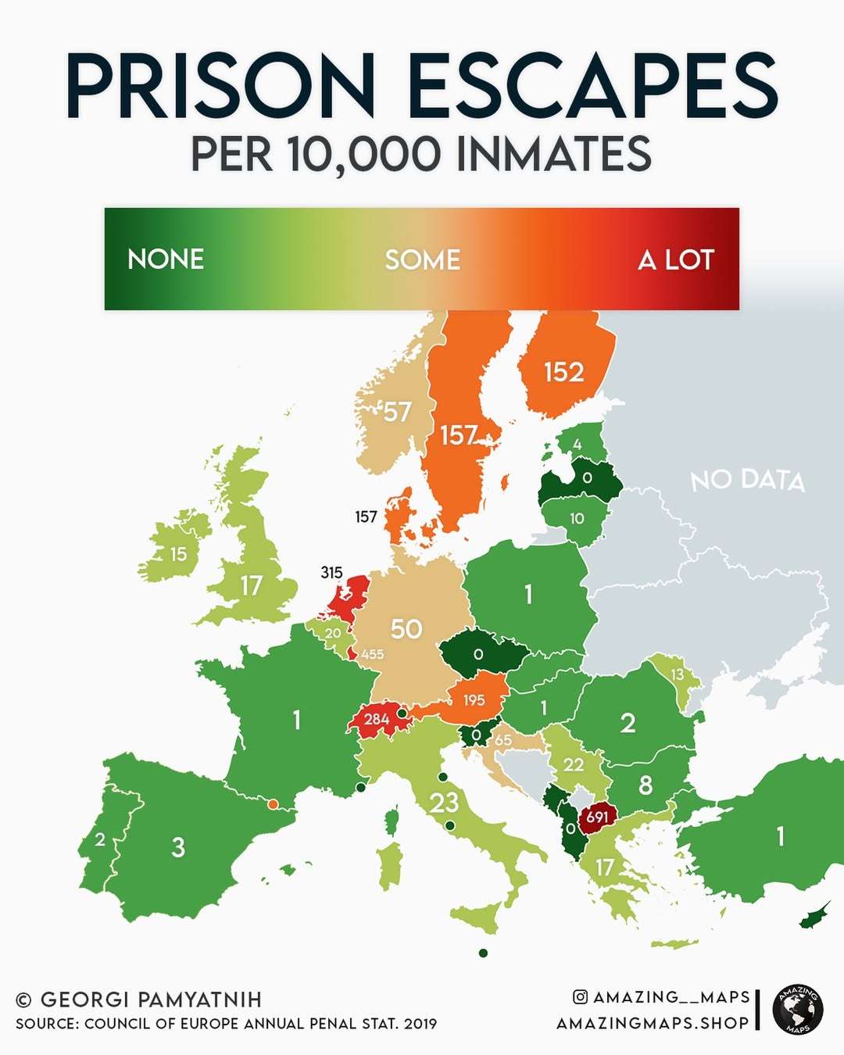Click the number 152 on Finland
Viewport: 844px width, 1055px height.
(564, 372)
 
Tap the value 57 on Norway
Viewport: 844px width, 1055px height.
(397, 412)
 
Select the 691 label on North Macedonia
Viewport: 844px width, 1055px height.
(597, 817)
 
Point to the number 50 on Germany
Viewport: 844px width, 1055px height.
(406, 629)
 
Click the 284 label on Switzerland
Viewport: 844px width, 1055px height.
(377, 719)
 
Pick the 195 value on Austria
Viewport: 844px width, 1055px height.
(474, 700)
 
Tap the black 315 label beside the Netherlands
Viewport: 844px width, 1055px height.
(331, 573)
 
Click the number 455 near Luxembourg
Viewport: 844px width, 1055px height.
(372, 654)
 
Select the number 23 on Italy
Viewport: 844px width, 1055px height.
(445, 803)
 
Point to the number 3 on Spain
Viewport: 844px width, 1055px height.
(178, 847)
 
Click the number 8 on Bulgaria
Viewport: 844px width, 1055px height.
(646, 785)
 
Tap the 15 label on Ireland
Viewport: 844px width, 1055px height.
(179, 554)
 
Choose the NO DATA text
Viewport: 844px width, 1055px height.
(747, 480)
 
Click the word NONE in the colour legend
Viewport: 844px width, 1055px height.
(166, 259)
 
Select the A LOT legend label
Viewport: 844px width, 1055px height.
(676, 259)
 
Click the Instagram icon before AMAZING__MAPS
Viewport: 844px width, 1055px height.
(580, 996)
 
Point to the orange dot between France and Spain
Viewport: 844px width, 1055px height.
(273, 803)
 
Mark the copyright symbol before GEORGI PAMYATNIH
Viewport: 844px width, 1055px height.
(24, 1000)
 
